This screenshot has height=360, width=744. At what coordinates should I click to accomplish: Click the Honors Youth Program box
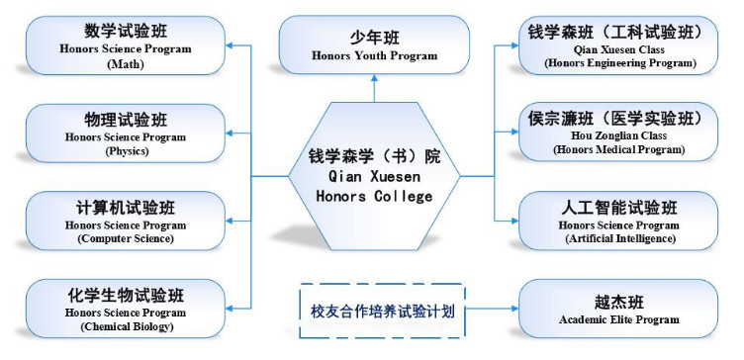pyautogui.click(x=374, y=45)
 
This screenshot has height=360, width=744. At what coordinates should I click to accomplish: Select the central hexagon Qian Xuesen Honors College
pyautogui.click(x=374, y=175)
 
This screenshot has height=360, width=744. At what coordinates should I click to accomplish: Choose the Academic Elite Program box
pyautogui.click(x=618, y=308)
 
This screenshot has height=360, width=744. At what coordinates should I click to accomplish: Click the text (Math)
pyautogui.click(x=125, y=64)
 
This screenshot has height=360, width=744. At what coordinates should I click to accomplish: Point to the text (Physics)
pyautogui.click(x=125, y=151)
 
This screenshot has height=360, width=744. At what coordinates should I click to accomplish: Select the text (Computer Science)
pyautogui.click(x=125, y=238)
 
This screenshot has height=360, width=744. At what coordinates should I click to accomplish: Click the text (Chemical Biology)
pyautogui.click(x=125, y=325)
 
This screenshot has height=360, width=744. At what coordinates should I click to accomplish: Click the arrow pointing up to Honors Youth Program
pyautogui.click(x=374, y=87)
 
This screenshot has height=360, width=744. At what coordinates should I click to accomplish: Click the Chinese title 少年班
pyautogui.click(x=374, y=38)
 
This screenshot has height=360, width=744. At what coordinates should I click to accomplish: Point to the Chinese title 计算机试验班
pyautogui.click(x=125, y=209)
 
